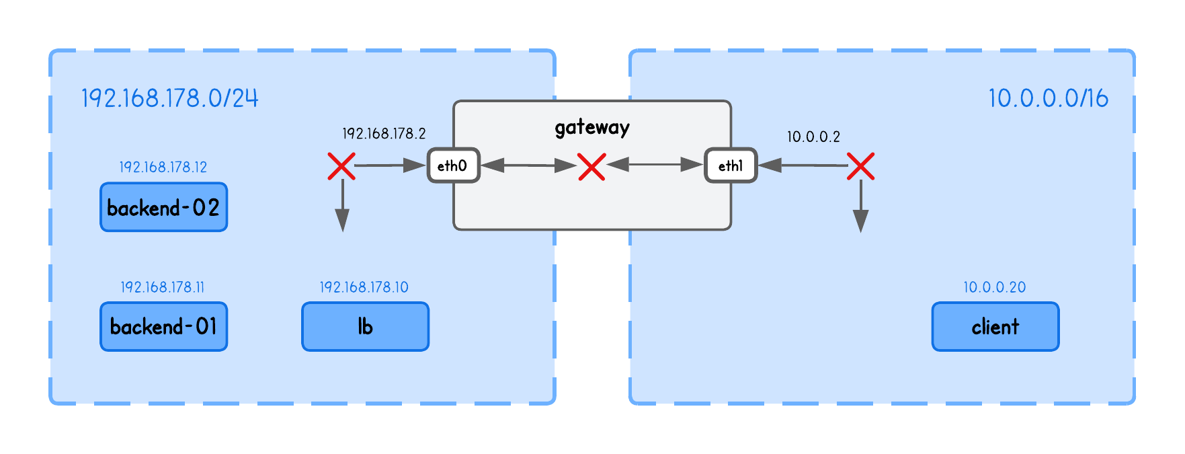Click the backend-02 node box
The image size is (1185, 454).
pyautogui.click(x=163, y=207)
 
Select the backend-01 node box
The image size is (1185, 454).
pyautogui.click(x=163, y=327)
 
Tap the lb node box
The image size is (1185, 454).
pyautogui.click(x=365, y=327)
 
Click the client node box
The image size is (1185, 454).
pyautogui.click(x=995, y=327)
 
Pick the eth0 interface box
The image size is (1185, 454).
pyautogui.click(x=453, y=165)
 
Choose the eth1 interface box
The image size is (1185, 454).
pyautogui.click(x=731, y=165)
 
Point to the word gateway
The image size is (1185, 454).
pyautogui.click(x=591, y=127)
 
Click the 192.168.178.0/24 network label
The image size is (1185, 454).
pyautogui.click(x=169, y=98)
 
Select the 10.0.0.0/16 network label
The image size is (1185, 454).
pyautogui.click(x=1047, y=98)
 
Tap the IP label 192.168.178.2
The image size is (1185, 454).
pyautogui.click(x=384, y=133)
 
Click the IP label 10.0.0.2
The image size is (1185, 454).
pyautogui.click(x=813, y=137)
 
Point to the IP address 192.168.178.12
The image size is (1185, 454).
pyautogui.click(x=163, y=167)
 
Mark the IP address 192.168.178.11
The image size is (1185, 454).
pyautogui.click(x=163, y=287)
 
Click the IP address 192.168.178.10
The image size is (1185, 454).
pyautogui.click(x=364, y=287)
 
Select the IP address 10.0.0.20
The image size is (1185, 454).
pyautogui.click(x=994, y=287)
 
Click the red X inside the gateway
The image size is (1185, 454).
pyautogui.click(x=591, y=166)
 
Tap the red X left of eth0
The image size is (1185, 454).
pyautogui.click(x=341, y=166)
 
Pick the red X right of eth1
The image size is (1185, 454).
pyautogui.click(x=860, y=166)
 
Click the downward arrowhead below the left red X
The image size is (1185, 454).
pyautogui.click(x=342, y=221)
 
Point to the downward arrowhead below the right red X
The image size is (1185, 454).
pyautogui.click(x=860, y=221)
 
